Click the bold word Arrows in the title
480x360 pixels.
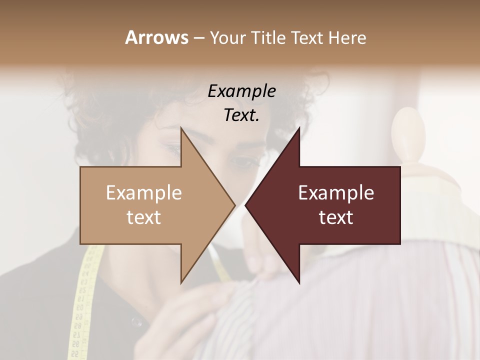[x=156, y=37]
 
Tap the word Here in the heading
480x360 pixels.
[x=347, y=37]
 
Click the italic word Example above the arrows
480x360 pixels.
[x=242, y=91]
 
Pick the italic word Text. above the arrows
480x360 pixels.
[x=242, y=115]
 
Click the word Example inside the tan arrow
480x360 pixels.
[x=144, y=193]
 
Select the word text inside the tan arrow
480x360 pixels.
[x=144, y=217]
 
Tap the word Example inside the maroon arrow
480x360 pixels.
[x=336, y=193]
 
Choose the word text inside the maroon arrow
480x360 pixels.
[x=336, y=217]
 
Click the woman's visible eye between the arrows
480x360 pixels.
[x=242, y=162]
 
